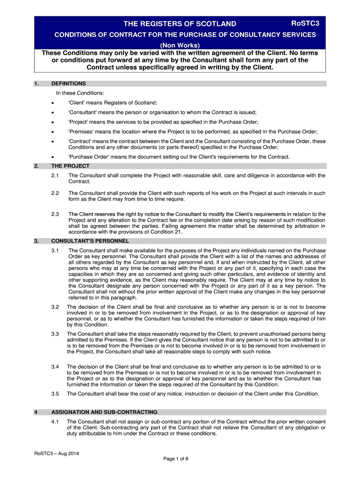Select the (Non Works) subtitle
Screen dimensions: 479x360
point(180,45)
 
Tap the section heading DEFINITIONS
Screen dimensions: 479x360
point(68,84)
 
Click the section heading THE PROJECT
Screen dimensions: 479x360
point(70,166)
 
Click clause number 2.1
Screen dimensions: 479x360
point(55,175)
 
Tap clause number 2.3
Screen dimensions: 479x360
point(55,214)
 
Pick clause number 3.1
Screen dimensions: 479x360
point(55,251)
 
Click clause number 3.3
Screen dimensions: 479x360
point(55,334)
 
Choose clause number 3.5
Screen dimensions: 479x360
point(55,394)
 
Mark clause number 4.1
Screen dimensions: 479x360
point(55,422)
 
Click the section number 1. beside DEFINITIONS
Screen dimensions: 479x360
point(36,84)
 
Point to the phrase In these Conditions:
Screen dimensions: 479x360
point(77,93)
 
